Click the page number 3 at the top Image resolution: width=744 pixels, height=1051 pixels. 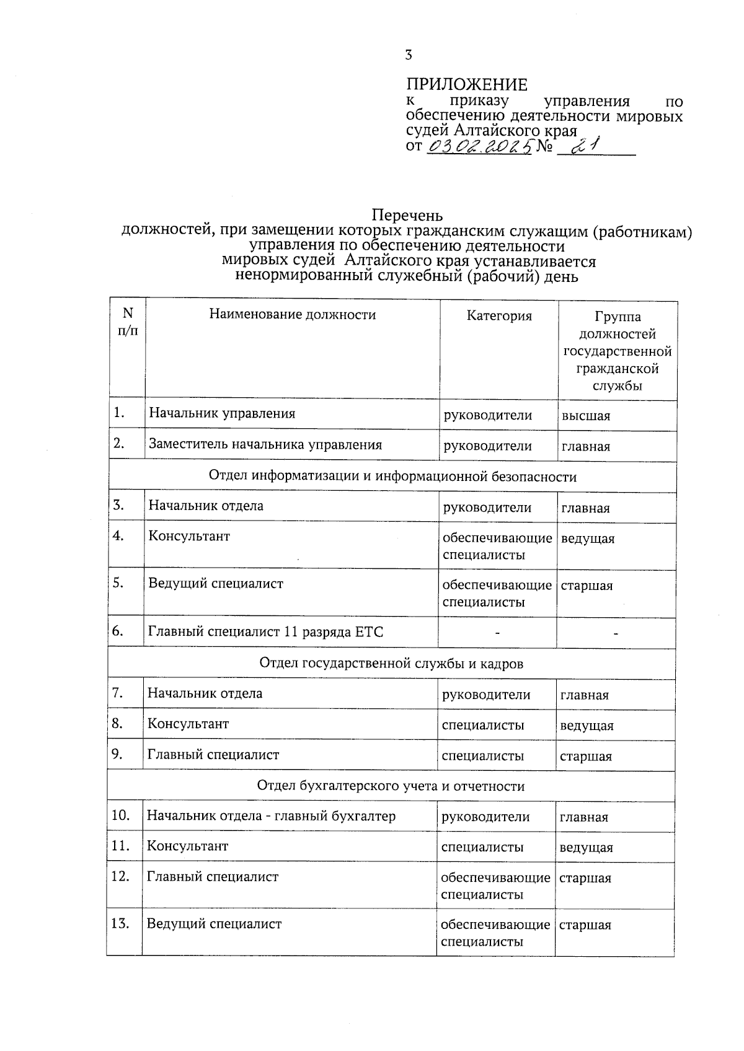click(x=408, y=55)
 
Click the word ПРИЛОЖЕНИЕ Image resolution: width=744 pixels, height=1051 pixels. click(x=466, y=85)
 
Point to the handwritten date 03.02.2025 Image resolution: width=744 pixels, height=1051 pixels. click(x=480, y=146)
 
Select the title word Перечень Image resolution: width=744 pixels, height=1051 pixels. click(x=407, y=216)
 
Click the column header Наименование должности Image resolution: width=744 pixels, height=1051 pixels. click(x=292, y=315)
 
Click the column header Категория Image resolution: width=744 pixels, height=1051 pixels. click(x=499, y=316)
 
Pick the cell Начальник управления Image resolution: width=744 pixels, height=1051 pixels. click(x=221, y=413)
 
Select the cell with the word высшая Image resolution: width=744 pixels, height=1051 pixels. click(x=585, y=416)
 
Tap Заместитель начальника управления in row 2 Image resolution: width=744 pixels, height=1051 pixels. click(x=265, y=445)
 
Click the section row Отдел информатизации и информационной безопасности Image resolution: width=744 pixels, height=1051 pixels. click(x=392, y=477)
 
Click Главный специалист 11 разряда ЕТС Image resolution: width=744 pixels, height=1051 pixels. click(x=265, y=632)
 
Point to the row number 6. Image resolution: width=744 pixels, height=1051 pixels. click(x=118, y=631)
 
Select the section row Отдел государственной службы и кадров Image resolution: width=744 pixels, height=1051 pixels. click(x=391, y=664)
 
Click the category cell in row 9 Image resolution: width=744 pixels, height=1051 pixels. click(x=482, y=756)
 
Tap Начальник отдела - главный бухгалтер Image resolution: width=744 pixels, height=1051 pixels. click(x=270, y=816)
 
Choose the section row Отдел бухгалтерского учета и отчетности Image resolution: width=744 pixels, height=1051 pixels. click(x=391, y=786)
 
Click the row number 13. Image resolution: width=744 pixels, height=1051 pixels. click(x=120, y=924)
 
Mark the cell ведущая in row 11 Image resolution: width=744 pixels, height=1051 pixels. click(x=586, y=848)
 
